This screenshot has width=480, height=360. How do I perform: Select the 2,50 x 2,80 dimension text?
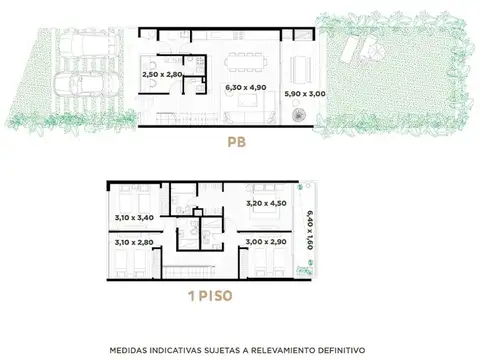[164, 74]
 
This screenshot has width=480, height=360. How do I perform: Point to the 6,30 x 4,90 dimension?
[244, 87]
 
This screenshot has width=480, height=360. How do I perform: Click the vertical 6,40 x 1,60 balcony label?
[311, 229]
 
